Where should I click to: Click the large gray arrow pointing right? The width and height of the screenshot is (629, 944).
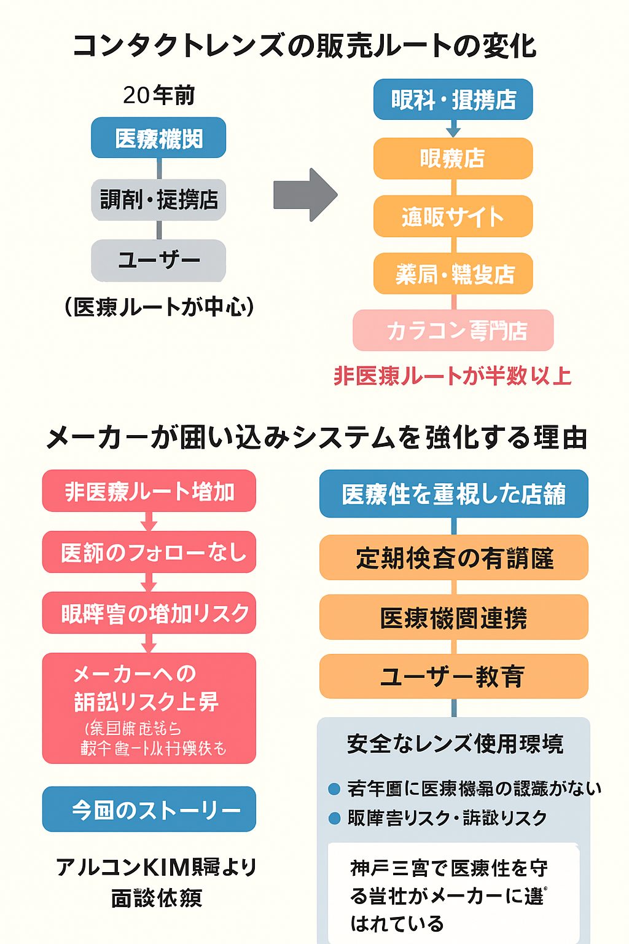point(305,195)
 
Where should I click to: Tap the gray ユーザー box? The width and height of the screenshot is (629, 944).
point(158,260)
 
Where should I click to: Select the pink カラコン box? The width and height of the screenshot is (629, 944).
point(453,331)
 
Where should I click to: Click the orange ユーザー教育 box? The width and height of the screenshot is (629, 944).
point(453,677)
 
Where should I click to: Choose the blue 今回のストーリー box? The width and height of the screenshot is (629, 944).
point(149,809)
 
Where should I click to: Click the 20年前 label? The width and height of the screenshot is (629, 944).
point(158,95)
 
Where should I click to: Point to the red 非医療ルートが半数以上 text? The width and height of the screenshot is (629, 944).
point(453,376)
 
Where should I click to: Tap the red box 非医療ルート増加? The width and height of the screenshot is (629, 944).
point(149,491)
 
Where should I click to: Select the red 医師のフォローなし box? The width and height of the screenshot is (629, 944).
point(149,552)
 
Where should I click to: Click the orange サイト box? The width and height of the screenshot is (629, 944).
point(453,216)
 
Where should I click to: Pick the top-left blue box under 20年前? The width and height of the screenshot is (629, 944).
point(158,138)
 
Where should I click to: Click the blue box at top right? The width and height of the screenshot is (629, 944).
point(453,99)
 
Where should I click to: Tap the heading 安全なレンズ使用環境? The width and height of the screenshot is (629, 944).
point(455,744)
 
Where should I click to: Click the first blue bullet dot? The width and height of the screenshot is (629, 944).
point(334,789)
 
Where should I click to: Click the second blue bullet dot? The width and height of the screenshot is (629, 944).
point(334,818)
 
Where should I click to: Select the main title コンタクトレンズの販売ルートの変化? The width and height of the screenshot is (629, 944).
point(305,46)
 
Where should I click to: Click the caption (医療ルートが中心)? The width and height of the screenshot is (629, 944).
point(158,306)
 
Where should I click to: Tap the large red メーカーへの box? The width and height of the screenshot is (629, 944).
point(149,708)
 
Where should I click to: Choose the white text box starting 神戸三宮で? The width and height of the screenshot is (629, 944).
point(453,894)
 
